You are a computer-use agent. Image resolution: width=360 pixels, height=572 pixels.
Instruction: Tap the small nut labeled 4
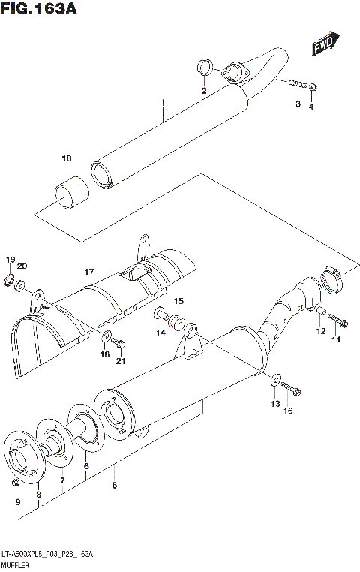coord(313,86)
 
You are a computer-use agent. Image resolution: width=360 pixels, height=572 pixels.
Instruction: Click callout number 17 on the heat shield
coord(88,271)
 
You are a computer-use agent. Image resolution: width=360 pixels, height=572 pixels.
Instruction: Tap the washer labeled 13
coord(275,379)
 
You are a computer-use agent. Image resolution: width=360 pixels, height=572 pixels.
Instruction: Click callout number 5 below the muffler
coord(114,486)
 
